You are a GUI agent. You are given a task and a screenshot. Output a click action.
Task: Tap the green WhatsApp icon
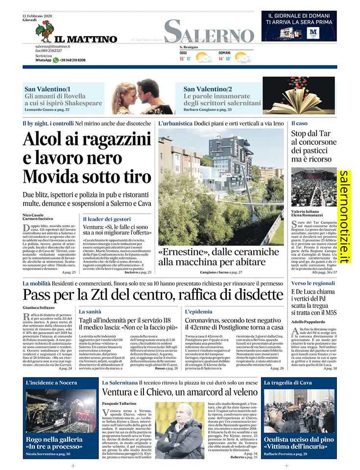click(56, 60)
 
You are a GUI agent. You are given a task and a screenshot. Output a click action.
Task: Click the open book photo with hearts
click(299, 95)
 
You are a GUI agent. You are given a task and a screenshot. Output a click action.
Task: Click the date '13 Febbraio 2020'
click(38, 16)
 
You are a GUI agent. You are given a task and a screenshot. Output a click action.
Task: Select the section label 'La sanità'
click(90, 311)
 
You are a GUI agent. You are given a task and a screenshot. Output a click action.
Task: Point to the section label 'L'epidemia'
click(198, 311)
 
